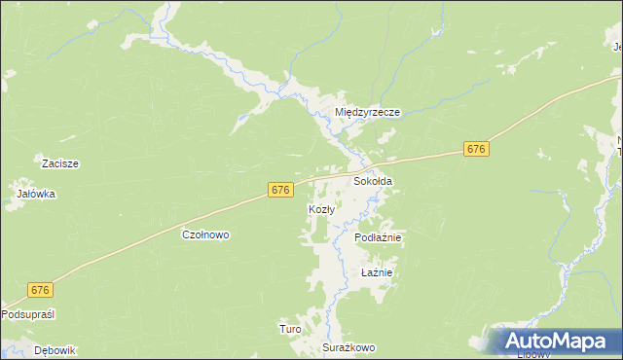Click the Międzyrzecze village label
pos(368,113)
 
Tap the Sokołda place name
pos(373,181)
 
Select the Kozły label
pos(322,209)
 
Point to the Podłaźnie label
pos(379,237)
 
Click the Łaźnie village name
pos(376,272)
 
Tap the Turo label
pos(290,329)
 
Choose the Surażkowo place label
pos(349,347)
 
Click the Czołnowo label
pos(205,234)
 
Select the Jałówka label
pos(36,194)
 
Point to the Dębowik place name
pos(55,350)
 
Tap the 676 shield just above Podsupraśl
pos(40,290)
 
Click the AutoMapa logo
pos(555,342)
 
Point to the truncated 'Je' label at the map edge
pos(617,43)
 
